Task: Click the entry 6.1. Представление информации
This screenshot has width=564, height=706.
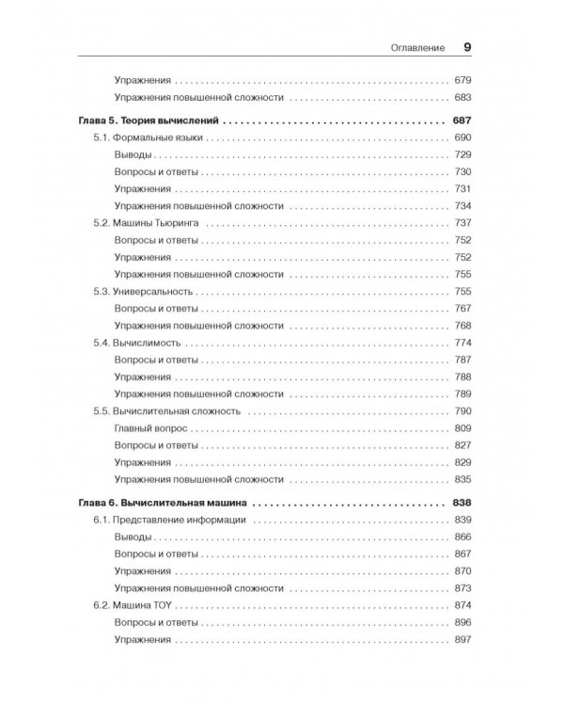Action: coord(170,520)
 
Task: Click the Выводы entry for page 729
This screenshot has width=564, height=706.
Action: coord(132,155)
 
